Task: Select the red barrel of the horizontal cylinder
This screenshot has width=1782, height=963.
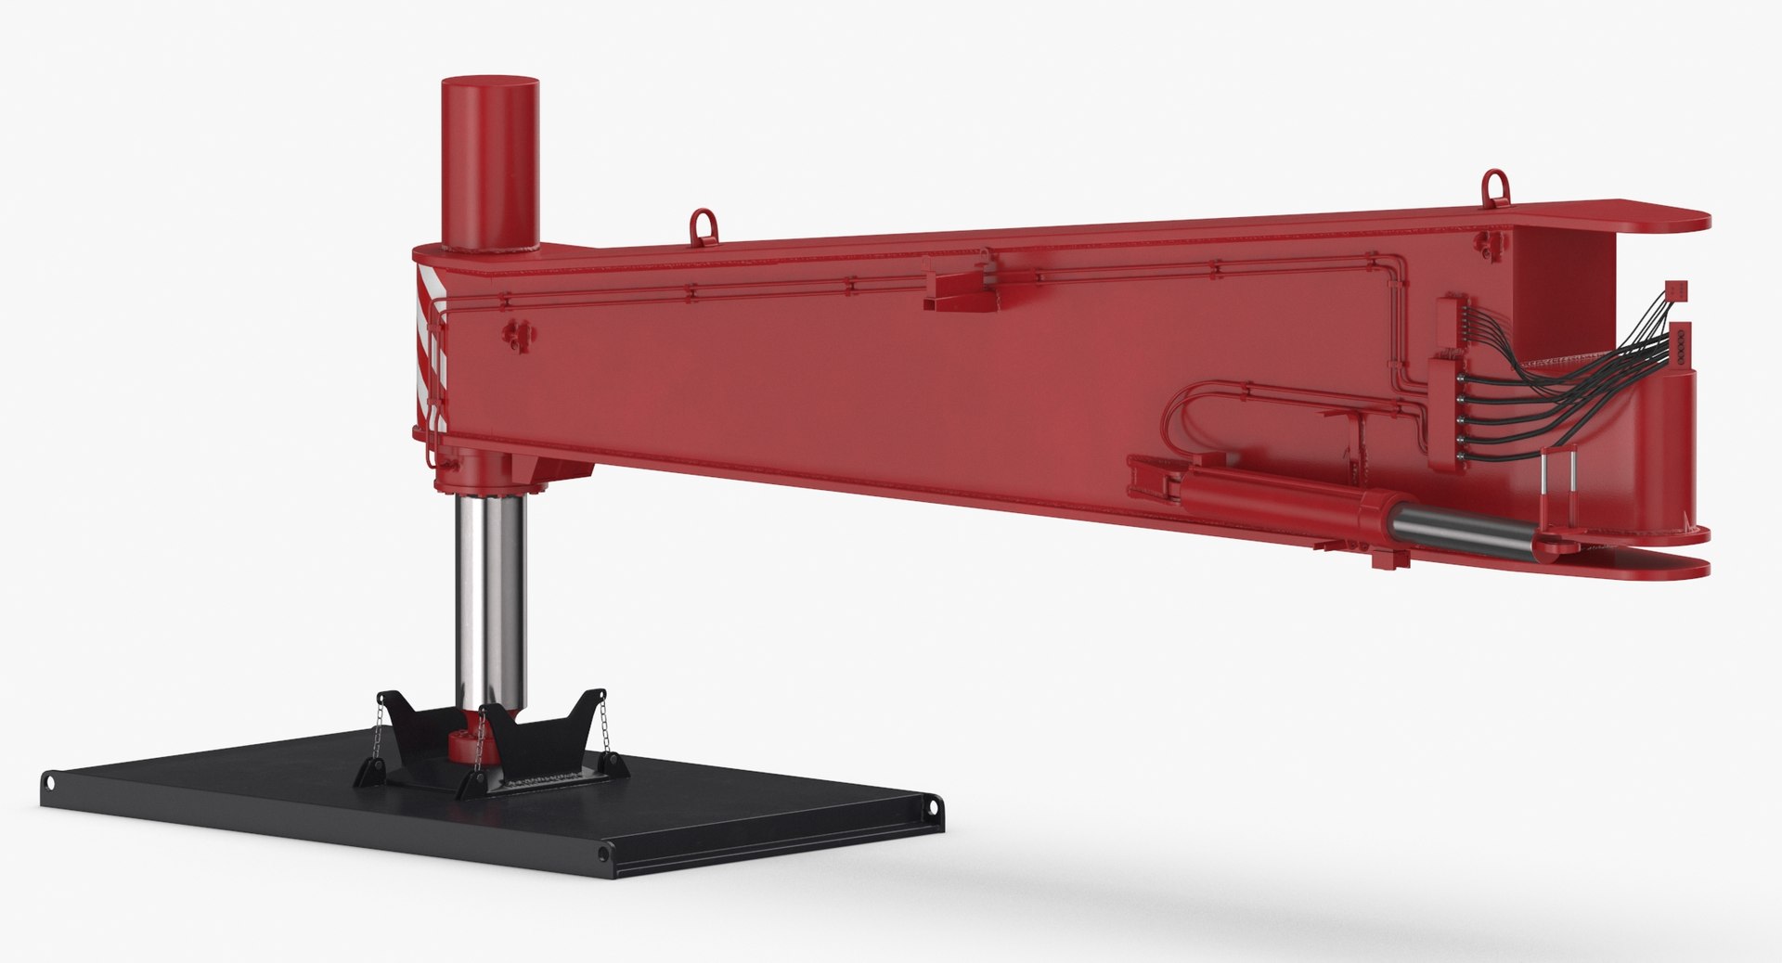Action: click(x=1290, y=507)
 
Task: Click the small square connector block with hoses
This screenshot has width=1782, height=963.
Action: click(x=1675, y=290)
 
